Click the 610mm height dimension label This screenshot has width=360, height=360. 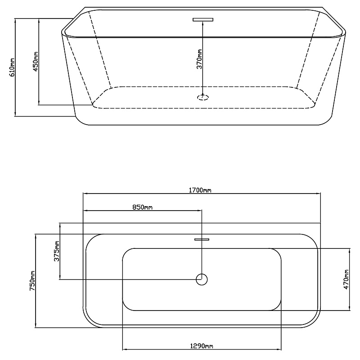coord(12,67)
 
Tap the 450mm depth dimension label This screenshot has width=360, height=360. coord(36,61)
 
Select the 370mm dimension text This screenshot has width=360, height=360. coord(199,59)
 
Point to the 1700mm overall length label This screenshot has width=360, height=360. coord(200,190)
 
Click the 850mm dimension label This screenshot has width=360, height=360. coord(142,207)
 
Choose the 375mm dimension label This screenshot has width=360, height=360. coord(57,251)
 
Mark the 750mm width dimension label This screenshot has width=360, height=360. coord(32,281)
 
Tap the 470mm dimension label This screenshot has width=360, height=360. coord(346,279)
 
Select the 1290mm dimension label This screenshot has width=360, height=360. coord(202,346)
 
